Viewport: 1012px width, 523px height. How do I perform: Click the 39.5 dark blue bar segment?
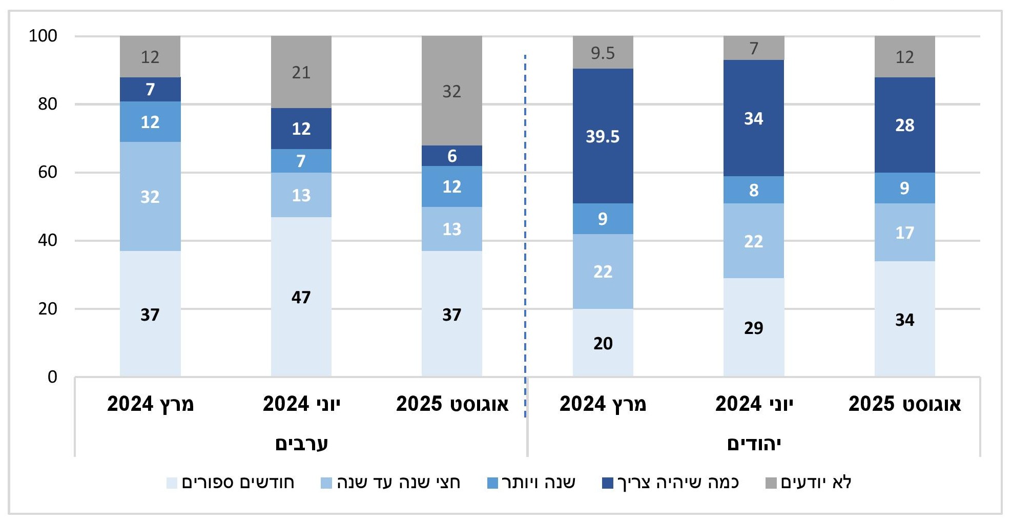tap(603, 136)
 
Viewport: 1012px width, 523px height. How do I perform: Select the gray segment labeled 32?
tap(451, 91)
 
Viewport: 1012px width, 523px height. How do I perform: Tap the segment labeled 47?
tap(301, 297)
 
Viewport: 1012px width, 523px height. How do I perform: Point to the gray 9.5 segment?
tap(603, 52)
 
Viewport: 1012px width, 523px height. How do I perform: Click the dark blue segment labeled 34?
tap(753, 118)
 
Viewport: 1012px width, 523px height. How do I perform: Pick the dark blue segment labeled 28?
tap(904, 125)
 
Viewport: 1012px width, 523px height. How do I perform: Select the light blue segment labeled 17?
tap(904, 233)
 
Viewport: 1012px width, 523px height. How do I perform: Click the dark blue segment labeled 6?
tap(451, 156)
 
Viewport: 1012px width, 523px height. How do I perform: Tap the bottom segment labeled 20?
tap(603, 343)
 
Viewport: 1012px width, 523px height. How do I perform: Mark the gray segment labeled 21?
tap(301, 72)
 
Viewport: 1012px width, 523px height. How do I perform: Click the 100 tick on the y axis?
tap(43, 36)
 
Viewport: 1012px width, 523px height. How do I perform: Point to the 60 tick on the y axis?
tap(47, 172)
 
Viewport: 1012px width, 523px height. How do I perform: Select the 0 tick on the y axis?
tap(52, 377)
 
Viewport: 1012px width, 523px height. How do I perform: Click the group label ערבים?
tap(301, 443)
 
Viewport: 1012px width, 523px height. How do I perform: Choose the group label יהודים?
tap(754, 443)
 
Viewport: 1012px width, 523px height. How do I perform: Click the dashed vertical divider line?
tap(525, 231)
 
